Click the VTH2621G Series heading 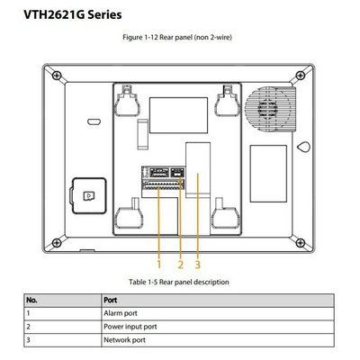(73, 14)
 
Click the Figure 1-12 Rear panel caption (177, 38)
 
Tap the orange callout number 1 (159, 265)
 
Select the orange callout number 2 (180, 265)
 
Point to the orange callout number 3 (197, 265)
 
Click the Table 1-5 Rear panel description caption (179, 282)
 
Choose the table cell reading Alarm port (121, 313)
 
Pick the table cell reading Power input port (130, 327)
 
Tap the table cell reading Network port (124, 340)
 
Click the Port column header (111, 300)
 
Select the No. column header (31, 300)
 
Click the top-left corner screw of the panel (57, 75)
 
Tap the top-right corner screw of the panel (301, 75)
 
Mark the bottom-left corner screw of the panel (57, 242)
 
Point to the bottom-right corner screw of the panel (301, 242)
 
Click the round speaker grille (268, 109)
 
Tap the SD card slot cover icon (89, 196)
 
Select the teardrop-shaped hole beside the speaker (303, 147)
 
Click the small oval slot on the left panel (94, 121)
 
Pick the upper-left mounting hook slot (128, 101)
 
